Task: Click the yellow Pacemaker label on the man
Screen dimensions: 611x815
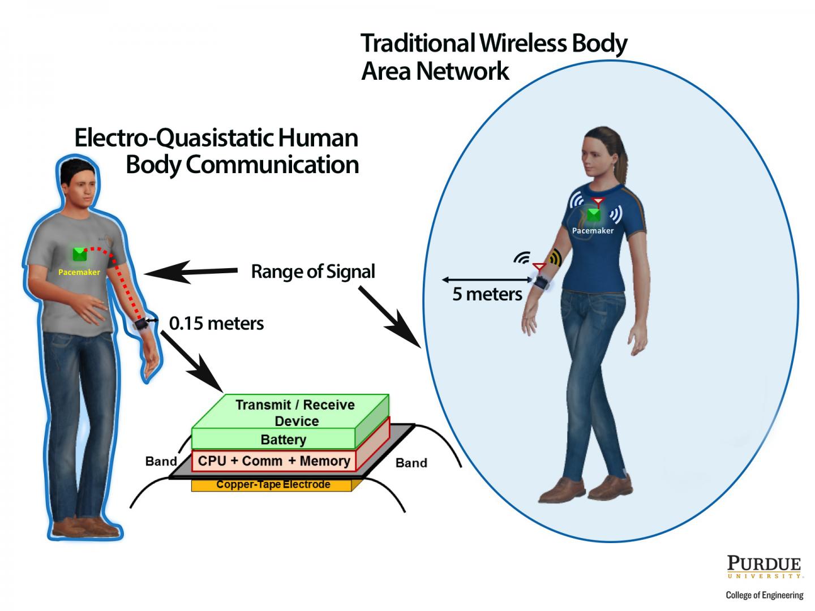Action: tap(79, 272)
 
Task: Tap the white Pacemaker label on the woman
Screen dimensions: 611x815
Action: tap(593, 231)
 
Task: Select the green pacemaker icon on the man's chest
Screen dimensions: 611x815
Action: tap(80, 255)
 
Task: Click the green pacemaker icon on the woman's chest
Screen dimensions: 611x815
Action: tap(593, 215)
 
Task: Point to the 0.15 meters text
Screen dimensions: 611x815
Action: tap(216, 323)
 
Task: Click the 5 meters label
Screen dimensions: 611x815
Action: tap(487, 294)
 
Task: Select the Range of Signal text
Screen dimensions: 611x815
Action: tap(313, 272)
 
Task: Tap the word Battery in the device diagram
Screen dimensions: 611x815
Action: tap(283, 440)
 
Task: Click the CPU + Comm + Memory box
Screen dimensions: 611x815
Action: tap(274, 461)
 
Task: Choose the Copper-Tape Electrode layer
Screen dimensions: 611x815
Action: tap(273, 485)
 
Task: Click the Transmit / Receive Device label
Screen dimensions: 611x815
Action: tap(295, 412)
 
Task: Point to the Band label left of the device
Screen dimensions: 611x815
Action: tap(161, 461)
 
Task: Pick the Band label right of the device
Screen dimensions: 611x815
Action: tap(411, 463)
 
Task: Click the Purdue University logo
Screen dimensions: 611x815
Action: tap(764, 567)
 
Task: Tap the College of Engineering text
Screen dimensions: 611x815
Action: tap(764, 595)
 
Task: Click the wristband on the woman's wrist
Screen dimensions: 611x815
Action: tap(541, 281)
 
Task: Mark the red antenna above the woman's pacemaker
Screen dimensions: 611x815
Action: tap(598, 201)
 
